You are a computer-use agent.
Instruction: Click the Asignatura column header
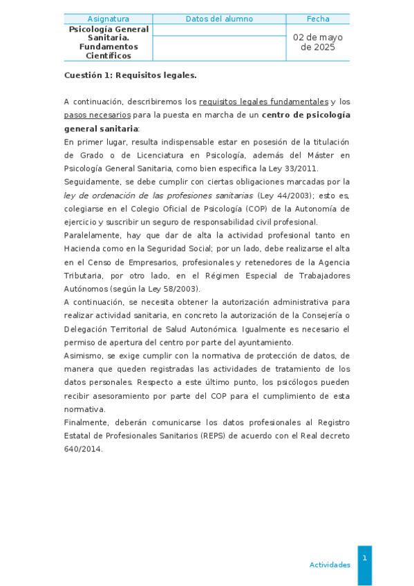click(x=108, y=19)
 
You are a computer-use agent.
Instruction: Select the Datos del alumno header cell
click(x=219, y=19)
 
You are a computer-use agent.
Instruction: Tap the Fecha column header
click(x=318, y=19)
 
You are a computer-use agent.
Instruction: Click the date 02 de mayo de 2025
click(x=318, y=42)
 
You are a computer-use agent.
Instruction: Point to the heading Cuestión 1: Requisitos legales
click(x=131, y=75)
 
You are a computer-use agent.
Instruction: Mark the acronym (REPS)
click(x=214, y=436)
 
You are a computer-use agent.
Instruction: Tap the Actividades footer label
click(x=330, y=565)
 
